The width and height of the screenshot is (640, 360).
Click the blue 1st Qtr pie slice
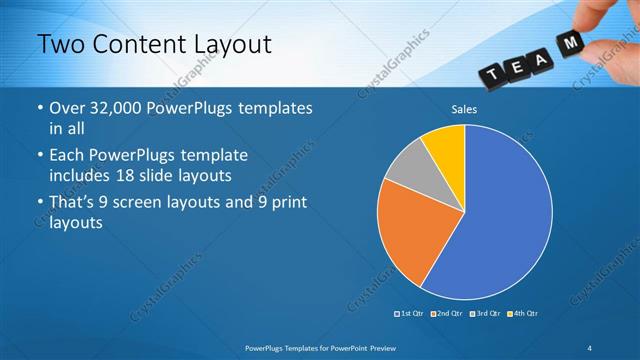pyautogui.click(x=500, y=220)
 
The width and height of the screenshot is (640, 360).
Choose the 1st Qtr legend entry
pyautogui.click(x=410, y=313)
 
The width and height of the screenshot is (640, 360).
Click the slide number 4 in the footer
pyautogui.click(x=590, y=347)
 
